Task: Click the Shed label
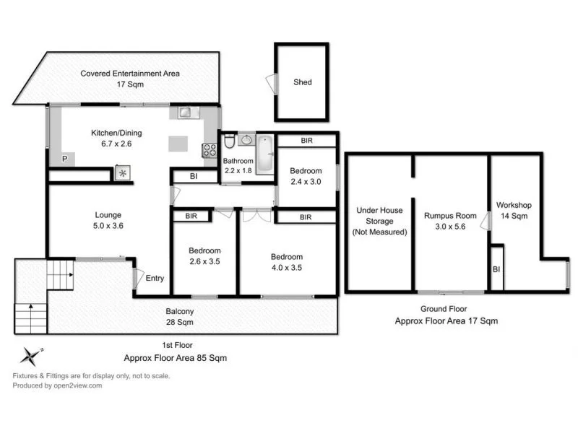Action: pyautogui.click(x=303, y=82)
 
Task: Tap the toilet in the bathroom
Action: pyautogui.click(x=228, y=141)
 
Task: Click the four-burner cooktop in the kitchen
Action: pyautogui.click(x=210, y=151)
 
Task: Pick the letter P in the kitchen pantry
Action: pyautogui.click(x=64, y=158)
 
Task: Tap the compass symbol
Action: pyautogui.click(x=30, y=356)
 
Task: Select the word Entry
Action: pyautogui.click(x=155, y=279)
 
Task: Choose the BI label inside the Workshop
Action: pyautogui.click(x=496, y=269)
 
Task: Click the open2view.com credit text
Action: pyautogui.click(x=57, y=385)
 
